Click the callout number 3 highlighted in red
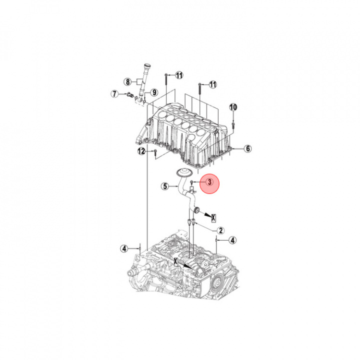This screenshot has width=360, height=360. pyautogui.click(x=209, y=182)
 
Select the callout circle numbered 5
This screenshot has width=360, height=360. pyautogui.click(x=165, y=186)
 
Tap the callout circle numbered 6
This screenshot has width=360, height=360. pyautogui.click(x=247, y=148)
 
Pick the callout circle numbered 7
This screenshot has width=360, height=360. pyautogui.click(x=114, y=93)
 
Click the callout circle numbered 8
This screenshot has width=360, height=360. pyautogui.click(x=127, y=81)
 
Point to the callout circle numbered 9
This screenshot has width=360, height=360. pyautogui.click(x=154, y=92)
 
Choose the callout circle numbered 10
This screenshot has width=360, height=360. pyautogui.click(x=233, y=107)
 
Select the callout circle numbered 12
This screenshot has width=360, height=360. pyautogui.click(x=141, y=151)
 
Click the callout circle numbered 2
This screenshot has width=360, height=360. pyautogui.click(x=220, y=230)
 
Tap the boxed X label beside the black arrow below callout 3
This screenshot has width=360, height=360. pyautogui.click(x=213, y=217)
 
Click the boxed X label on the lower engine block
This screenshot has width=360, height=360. pyautogui.click(x=176, y=261)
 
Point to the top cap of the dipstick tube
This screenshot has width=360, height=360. pyautogui.click(x=146, y=67)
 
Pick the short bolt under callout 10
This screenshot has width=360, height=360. pyautogui.click(x=233, y=125)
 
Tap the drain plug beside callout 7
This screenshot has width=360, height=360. pyautogui.click(x=130, y=94)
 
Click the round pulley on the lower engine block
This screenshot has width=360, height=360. pyautogui.click(x=216, y=282)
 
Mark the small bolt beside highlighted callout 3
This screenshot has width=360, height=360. pyautogui.click(x=191, y=182)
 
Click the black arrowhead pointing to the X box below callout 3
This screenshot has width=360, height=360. pyautogui.click(x=208, y=215)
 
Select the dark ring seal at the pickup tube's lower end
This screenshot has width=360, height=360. pyautogui.click(x=196, y=209)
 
